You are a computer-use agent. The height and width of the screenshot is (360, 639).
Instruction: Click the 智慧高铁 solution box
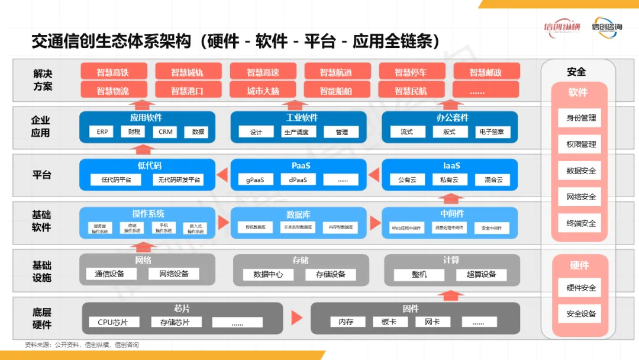pos(112,72)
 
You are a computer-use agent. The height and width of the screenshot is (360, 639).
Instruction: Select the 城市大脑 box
pos(263,91)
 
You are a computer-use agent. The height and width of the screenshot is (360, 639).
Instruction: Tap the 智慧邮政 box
pos(486,72)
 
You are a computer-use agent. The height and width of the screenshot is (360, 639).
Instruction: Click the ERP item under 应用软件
pos(102,132)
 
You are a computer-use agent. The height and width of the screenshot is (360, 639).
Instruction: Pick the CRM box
pos(166,132)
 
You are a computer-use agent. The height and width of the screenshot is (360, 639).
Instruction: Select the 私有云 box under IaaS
pos(450,179)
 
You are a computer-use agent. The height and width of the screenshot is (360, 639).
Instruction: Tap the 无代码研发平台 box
pos(177,179)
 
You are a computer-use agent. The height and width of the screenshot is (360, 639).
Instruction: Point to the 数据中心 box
pos(268,274)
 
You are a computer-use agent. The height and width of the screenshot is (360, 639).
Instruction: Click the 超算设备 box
pos(481,274)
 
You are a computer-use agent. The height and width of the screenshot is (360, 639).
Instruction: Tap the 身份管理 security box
pos(580,117)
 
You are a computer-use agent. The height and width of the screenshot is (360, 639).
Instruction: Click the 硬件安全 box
pos(580,288)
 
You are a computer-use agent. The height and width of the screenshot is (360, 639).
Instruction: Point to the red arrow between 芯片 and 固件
pos(296,318)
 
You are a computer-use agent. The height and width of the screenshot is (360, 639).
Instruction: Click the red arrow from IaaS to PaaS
pos(374,175)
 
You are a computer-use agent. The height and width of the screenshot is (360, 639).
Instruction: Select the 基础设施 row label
pos(41,271)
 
